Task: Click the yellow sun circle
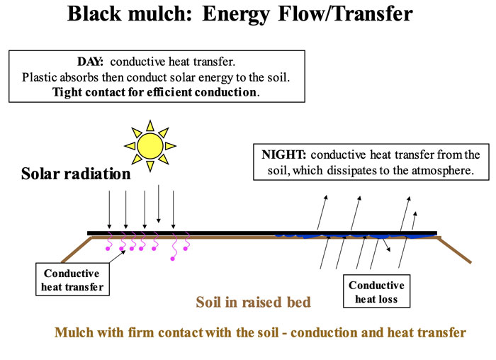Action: coord(150,146)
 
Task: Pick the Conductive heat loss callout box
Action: coord(376,292)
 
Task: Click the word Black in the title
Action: coord(97,13)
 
